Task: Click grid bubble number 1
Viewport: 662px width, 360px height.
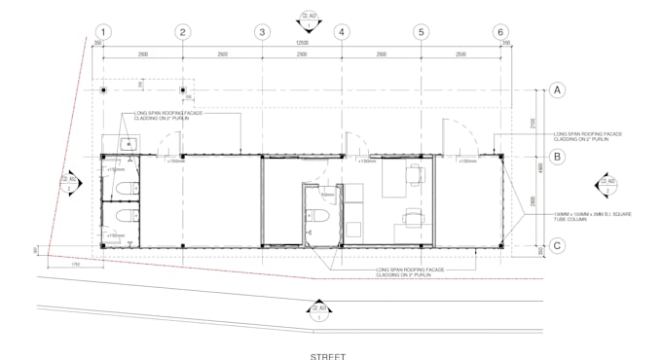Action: [x=102, y=31]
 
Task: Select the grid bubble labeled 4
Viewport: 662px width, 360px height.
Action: [x=342, y=31]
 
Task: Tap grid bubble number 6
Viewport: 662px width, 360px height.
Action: [x=500, y=31]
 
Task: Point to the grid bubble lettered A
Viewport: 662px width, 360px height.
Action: [x=558, y=90]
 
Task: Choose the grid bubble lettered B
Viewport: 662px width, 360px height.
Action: [x=558, y=155]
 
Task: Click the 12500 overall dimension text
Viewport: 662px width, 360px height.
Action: [x=302, y=43]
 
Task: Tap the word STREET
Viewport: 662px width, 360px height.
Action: [x=328, y=355]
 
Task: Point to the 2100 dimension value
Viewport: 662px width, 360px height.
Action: [x=533, y=124]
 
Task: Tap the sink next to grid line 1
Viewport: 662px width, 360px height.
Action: [x=126, y=143]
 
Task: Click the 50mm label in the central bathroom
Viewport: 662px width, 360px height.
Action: [x=328, y=196]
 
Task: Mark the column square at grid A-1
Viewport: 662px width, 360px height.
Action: [x=102, y=90]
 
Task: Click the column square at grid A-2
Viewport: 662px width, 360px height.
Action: [x=182, y=90]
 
